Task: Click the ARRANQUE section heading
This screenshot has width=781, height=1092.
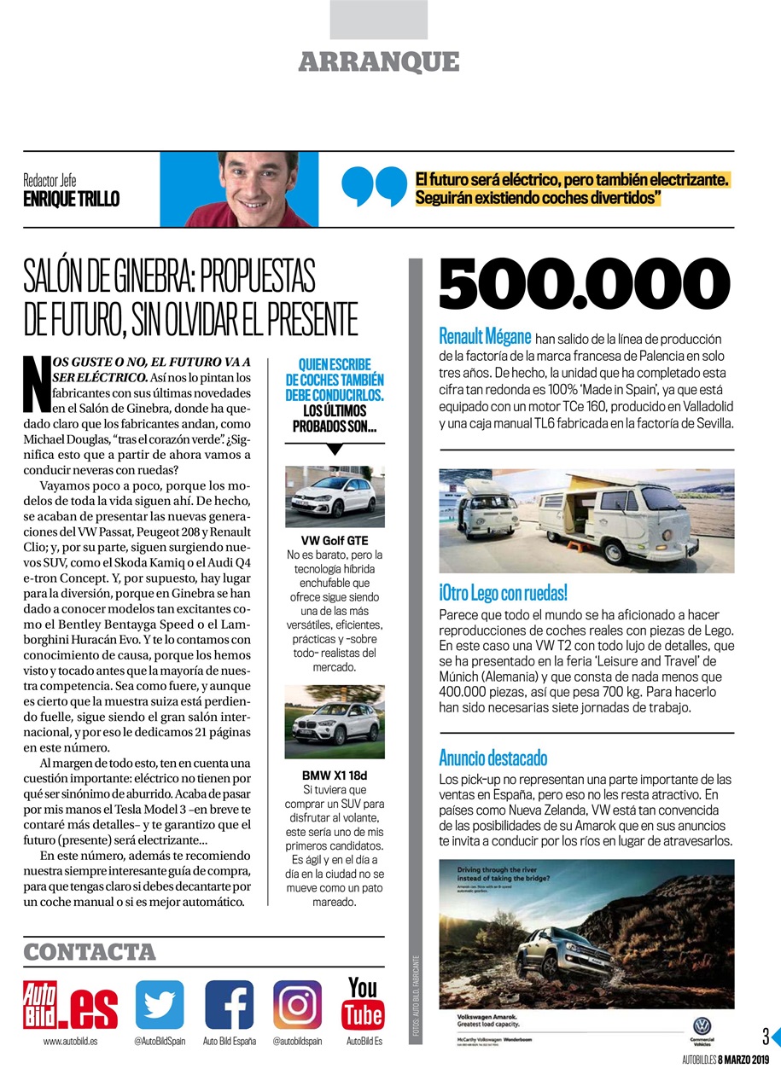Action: (x=379, y=62)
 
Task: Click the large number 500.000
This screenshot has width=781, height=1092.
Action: (x=585, y=287)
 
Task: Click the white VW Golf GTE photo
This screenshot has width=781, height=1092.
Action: (x=334, y=497)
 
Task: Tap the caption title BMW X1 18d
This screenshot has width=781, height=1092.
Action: (x=334, y=775)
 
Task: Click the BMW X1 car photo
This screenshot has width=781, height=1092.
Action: (x=334, y=722)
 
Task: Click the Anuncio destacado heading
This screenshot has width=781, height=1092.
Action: (x=492, y=758)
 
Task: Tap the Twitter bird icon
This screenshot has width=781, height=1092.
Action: (x=160, y=1004)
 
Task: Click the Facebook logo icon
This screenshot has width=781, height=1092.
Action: (x=229, y=1004)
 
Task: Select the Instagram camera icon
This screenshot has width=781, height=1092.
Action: (x=298, y=1004)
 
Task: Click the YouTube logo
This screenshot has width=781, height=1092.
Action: (x=363, y=1002)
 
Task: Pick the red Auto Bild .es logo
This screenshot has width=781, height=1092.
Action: (x=71, y=1005)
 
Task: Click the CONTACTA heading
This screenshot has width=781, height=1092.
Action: (x=90, y=951)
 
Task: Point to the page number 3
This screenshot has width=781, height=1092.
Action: (x=766, y=1037)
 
